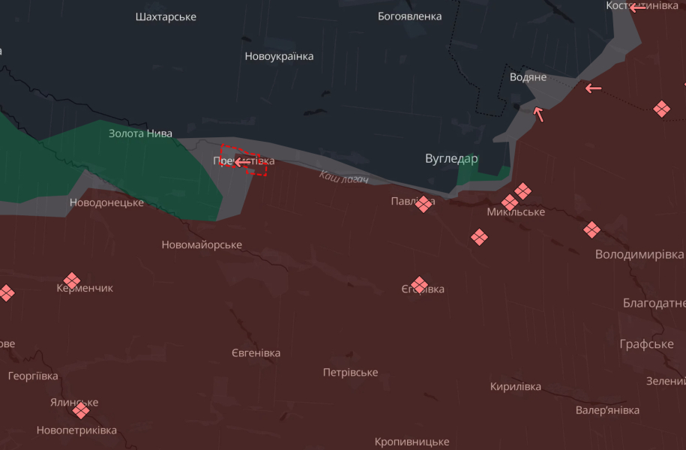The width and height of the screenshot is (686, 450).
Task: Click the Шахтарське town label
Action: (x=166, y=16)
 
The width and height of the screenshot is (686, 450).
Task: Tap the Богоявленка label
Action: (x=409, y=16)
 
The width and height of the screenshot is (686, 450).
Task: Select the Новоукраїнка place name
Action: (x=279, y=56)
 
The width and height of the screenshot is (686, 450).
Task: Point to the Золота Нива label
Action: (x=140, y=133)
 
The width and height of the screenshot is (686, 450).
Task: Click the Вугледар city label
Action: (x=451, y=159)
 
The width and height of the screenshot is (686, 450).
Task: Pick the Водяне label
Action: (x=528, y=77)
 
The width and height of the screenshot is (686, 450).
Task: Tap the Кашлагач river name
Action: (x=344, y=178)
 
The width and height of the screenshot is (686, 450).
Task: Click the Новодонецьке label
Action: (x=106, y=202)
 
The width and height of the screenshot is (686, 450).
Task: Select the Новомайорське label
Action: (x=202, y=245)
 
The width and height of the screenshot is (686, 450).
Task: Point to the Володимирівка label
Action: (x=639, y=254)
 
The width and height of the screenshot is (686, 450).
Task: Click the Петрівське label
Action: (x=350, y=373)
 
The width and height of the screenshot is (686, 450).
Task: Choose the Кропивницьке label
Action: (x=412, y=442)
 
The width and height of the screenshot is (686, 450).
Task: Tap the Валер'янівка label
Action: (x=607, y=410)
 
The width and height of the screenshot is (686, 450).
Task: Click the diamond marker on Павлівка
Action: (x=424, y=203)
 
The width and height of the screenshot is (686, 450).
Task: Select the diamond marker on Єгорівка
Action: (x=420, y=285)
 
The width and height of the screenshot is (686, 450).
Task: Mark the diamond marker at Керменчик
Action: (x=72, y=280)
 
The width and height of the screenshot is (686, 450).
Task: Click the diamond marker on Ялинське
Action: (x=81, y=410)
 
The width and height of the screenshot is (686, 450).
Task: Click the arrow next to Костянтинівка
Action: (x=637, y=7)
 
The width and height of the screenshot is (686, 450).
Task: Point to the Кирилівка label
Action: (x=515, y=387)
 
